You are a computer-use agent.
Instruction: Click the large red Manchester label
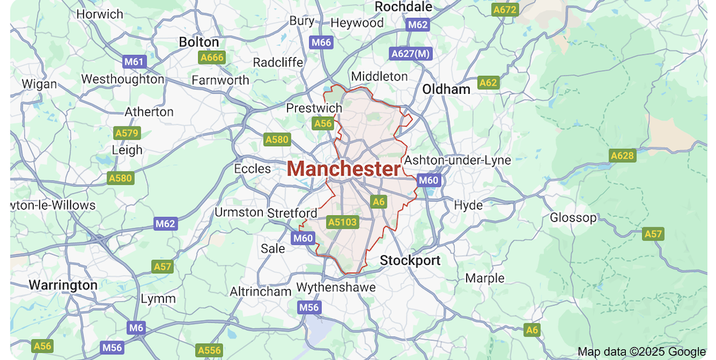344,170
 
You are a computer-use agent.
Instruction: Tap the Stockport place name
410,260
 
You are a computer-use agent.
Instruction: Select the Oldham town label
446,89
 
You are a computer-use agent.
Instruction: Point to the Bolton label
199,42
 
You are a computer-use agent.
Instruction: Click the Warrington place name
63,285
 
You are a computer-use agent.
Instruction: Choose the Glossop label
573,218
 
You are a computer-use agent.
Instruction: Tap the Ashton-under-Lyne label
458,160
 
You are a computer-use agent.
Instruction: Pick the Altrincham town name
261,291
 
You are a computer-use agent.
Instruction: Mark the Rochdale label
404,6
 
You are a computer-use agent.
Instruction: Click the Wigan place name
39,84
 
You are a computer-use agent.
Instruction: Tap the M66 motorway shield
321,43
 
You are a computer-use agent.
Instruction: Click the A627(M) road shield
412,54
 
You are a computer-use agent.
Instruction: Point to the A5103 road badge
342,222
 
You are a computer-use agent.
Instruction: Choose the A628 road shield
622,155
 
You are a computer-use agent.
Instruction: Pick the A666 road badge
212,57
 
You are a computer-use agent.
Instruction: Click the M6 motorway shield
136,328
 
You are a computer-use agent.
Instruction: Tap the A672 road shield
505,10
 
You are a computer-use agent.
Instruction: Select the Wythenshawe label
336,287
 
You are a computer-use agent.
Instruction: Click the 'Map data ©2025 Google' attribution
642,351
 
